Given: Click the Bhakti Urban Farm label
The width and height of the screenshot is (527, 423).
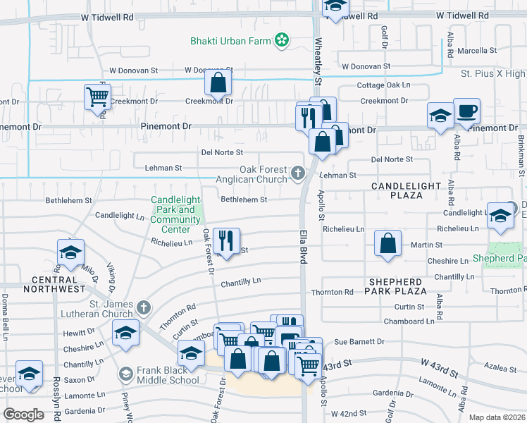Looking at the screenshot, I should pos(230,41).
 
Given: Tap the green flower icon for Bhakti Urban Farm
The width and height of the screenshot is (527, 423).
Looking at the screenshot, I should pos(282,40).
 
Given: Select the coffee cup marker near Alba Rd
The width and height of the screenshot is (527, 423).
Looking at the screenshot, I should pos(466,111).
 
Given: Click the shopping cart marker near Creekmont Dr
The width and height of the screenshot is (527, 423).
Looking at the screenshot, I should pos(97,97).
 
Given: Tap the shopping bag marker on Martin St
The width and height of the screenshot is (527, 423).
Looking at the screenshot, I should pos(387,243).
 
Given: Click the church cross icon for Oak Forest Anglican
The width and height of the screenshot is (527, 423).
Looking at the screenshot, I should pos(298,172).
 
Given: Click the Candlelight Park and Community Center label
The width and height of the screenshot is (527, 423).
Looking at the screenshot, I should pos(175,214).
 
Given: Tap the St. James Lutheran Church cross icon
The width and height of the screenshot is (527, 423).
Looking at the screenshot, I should pos(144,307).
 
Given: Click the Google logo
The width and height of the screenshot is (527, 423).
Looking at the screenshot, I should pos(24,414).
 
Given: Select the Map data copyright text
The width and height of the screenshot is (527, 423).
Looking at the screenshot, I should pos(496,417).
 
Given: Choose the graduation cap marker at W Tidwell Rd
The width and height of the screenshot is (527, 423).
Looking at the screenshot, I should pos(335,6).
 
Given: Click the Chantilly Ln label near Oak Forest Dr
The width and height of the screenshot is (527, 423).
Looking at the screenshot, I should pos(240,281).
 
